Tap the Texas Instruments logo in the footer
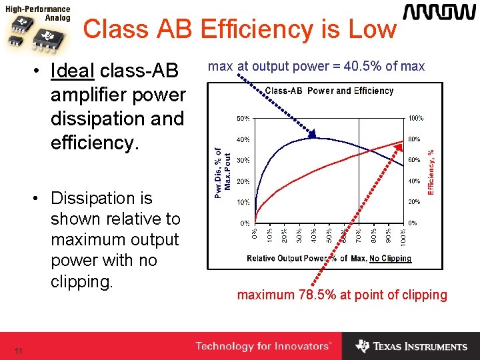point(411,346)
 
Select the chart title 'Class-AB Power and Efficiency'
point(329,91)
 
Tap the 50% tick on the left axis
point(243,119)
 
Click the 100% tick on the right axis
point(415,119)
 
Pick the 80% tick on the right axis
point(414,139)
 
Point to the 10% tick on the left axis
point(243,202)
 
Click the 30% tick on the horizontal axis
point(299,235)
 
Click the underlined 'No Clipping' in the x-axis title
point(391,259)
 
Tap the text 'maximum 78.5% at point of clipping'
point(343,295)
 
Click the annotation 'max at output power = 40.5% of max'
point(316,67)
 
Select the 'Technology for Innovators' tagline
point(263,346)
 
